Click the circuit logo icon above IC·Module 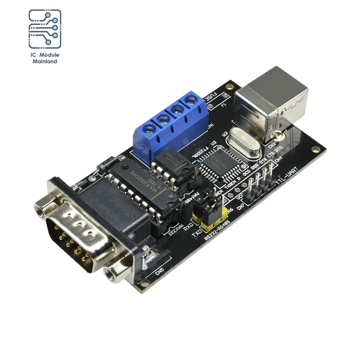[x=45, y=29]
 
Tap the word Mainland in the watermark [x=45, y=62]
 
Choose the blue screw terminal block [x=169, y=122]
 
